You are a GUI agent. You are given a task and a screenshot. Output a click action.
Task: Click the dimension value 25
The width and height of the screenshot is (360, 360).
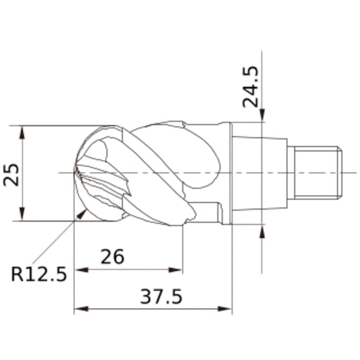click(12, 174)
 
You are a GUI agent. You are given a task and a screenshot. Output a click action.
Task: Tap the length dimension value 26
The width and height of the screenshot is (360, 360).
click(113, 256)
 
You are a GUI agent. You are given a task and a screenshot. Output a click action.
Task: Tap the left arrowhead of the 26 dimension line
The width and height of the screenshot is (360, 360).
click(79, 271)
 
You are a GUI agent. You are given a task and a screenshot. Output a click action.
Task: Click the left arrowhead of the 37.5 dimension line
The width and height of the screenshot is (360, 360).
click(79, 309)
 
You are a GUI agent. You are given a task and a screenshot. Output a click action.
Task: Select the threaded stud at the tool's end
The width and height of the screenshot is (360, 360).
click(318, 173)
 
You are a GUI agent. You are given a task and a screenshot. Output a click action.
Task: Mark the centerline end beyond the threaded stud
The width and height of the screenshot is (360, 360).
click(354, 173)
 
